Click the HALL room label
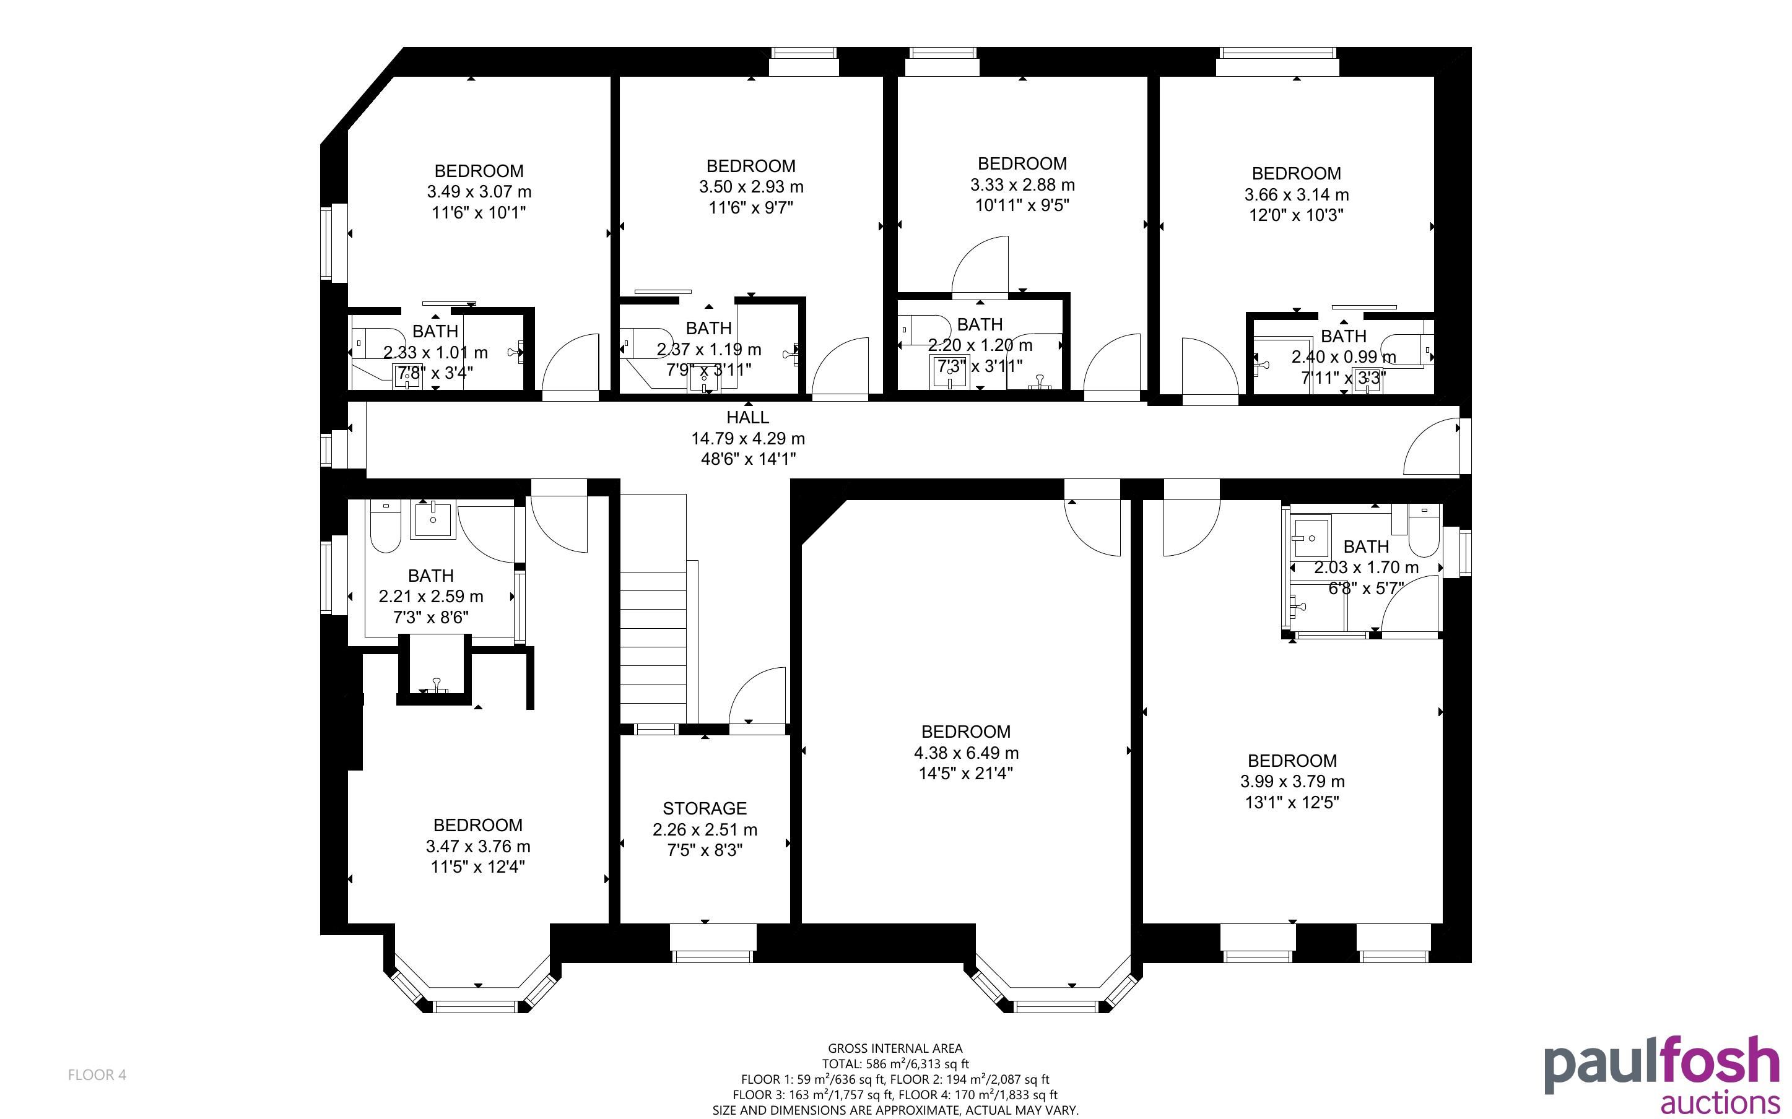tap(747, 417)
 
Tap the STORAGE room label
tap(705, 808)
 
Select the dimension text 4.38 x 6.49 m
tap(966, 753)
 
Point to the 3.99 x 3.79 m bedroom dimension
tap(1292, 782)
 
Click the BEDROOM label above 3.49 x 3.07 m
tap(479, 171)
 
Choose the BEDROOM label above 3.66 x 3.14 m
tap(1296, 173)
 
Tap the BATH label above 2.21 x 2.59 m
tap(431, 576)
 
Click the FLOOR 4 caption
tap(97, 1074)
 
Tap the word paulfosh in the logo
tap(1662, 1066)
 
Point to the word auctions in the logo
tap(1720, 1102)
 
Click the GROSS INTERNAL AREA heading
tap(895, 1048)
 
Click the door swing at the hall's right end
tap(1432, 446)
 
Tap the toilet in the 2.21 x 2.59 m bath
tap(385, 527)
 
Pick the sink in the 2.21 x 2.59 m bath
tap(433, 519)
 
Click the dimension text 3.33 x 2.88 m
tap(1022, 184)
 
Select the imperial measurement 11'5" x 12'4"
tap(477, 866)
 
